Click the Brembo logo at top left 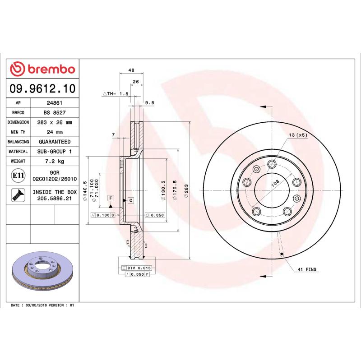[42, 69]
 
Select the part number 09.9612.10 [43, 88]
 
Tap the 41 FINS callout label [307, 269]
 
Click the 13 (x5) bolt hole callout [298, 135]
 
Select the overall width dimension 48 [131, 70]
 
